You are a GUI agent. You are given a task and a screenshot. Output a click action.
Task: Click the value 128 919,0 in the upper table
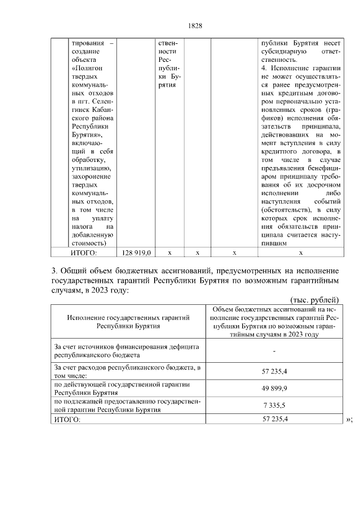[x=136, y=253]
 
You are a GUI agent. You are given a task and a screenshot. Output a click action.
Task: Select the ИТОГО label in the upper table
[x=84, y=253]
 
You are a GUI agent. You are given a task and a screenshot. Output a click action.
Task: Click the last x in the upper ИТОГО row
[x=301, y=253]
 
